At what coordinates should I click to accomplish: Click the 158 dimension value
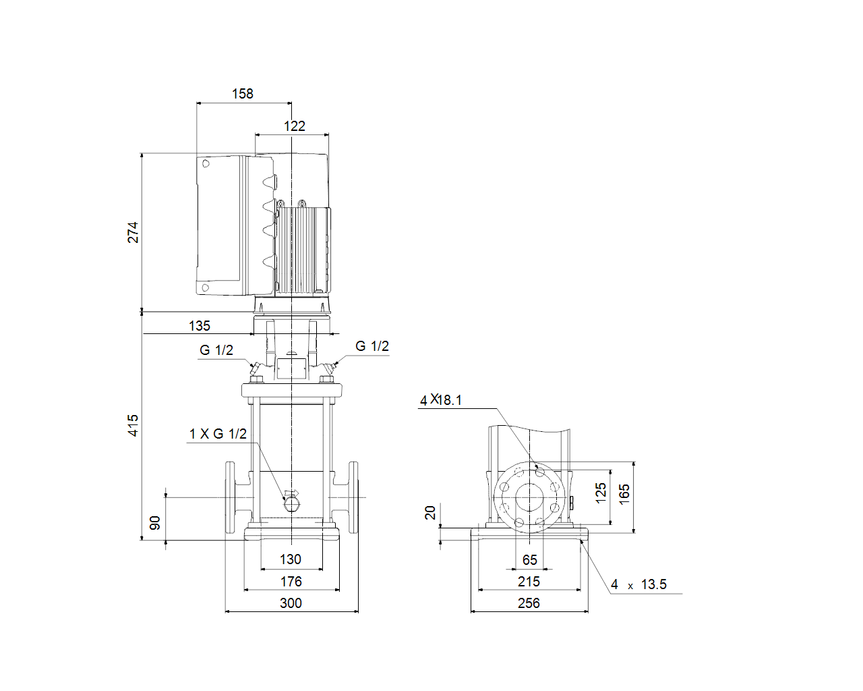(x=243, y=94)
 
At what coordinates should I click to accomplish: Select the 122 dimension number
(x=295, y=126)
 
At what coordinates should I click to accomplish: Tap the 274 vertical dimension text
(x=133, y=233)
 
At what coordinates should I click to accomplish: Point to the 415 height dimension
(x=133, y=426)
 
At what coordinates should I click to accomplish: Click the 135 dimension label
(x=200, y=326)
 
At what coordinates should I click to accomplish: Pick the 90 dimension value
(x=155, y=523)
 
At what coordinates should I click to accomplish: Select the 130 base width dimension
(x=291, y=559)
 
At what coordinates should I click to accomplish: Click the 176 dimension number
(x=291, y=582)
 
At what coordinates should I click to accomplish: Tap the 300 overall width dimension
(x=291, y=603)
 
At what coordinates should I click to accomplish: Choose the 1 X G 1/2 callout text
(x=218, y=434)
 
